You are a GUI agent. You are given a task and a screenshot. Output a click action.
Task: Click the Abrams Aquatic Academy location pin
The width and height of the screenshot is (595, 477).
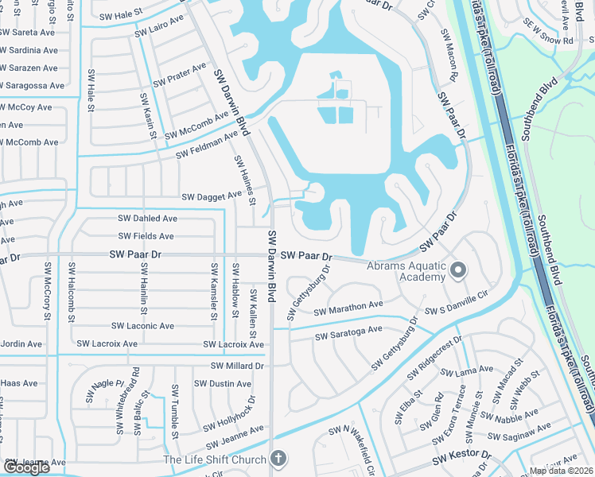(x=457, y=270)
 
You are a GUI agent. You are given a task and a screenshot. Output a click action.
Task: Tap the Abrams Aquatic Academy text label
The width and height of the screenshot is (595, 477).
(x=406, y=272)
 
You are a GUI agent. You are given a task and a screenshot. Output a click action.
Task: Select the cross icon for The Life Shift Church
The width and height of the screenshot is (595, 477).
(x=277, y=458)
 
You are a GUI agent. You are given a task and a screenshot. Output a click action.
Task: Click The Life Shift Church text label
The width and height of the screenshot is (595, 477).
(x=214, y=460)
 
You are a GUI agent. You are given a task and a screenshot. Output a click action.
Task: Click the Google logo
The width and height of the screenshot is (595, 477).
(x=26, y=467)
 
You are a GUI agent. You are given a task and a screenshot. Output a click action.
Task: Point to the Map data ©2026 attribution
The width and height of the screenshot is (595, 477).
(x=562, y=471)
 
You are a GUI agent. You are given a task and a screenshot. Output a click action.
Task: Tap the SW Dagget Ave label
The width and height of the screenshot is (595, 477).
(x=211, y=196)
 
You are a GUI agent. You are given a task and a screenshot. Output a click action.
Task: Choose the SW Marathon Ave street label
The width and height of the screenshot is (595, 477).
(x=348, y=308)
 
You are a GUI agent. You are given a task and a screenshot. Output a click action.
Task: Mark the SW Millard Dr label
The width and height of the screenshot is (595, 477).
(x=236, y=366)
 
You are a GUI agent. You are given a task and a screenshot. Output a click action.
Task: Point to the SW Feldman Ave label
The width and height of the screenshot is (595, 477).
(x=207, y=145)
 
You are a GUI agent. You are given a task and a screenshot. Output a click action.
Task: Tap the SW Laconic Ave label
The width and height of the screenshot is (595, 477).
(x=142, y=326)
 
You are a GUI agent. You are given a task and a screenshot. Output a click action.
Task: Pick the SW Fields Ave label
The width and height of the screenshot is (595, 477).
(x=146, y=236)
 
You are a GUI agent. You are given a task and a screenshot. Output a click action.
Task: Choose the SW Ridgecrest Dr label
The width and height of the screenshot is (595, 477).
(x=434, y=362)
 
